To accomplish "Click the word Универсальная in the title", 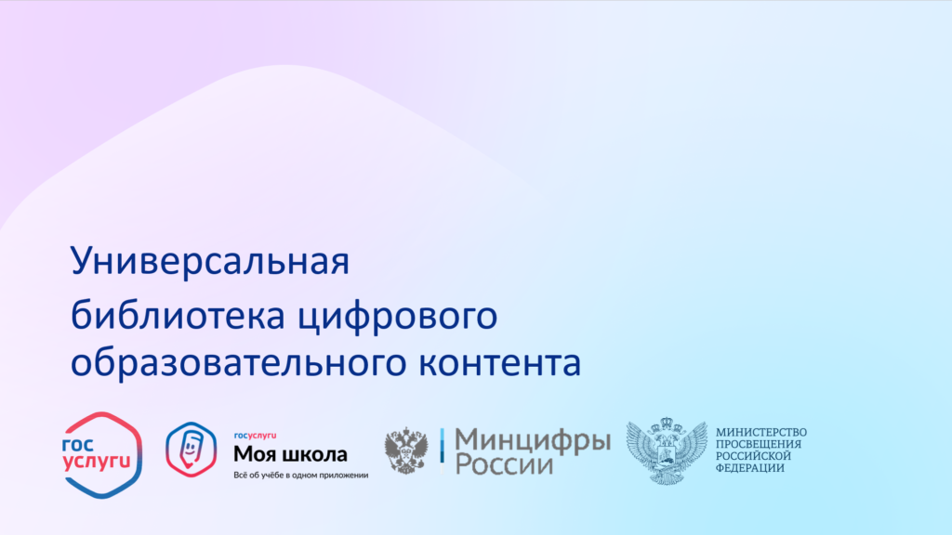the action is tap(210, 262).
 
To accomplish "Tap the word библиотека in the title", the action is tap(178, 316).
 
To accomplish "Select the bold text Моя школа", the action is tap(290, 453).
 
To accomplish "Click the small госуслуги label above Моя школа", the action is tap(255, 436).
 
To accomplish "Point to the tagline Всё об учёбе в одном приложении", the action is tap(301, 475).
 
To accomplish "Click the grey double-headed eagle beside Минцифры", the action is tap(405, 450).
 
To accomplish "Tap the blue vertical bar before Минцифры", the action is tap(442, 450).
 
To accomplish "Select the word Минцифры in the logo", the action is tap(533, 441).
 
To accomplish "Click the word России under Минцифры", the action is tap(504, 465).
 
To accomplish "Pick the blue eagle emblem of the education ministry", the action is tap(667, 450).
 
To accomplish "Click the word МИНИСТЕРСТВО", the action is tap(761, 433).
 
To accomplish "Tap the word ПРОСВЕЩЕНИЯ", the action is tap(759, 444).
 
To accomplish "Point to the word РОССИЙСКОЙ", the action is tap(753, 456).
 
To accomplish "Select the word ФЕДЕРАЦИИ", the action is tap(750, 468).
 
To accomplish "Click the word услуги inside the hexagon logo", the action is tap(97, 463).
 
